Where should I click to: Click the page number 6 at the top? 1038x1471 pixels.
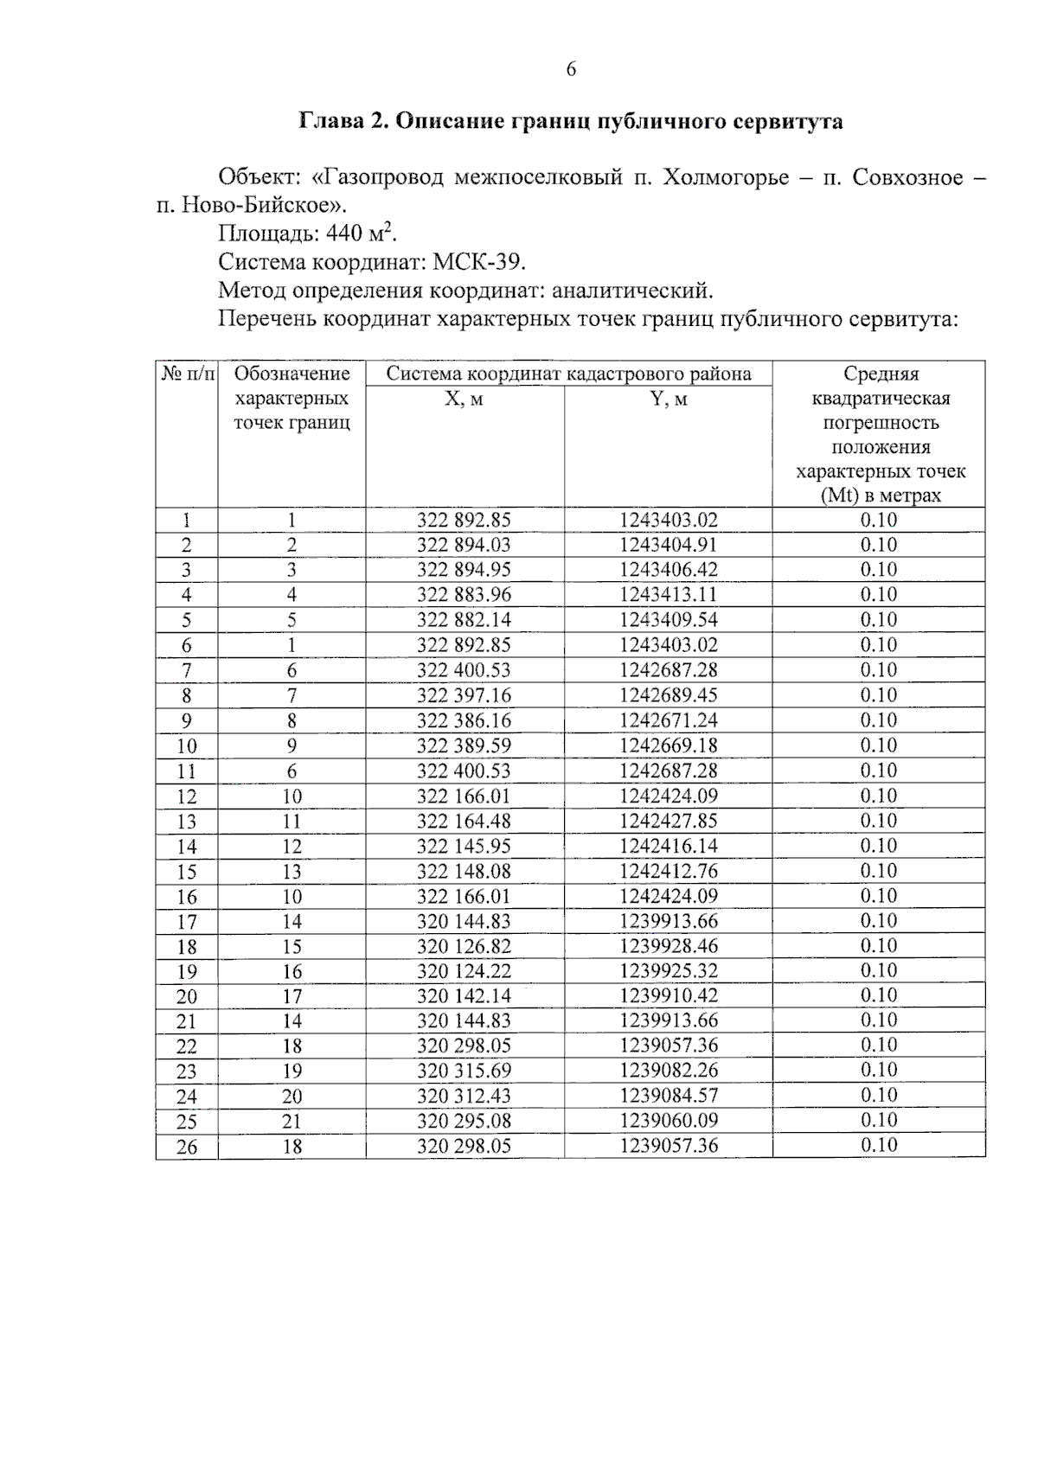pyautogui.click(x=571, y=70)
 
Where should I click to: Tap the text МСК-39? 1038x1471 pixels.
pyautogui.click(x=478, y=262)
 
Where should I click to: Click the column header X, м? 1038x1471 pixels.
pyautogui.click(x=464, y=400)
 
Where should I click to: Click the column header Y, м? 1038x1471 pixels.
pyautogui.click(x=668, y=400)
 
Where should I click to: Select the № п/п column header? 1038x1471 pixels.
pyautogui.click(x=187, y=374)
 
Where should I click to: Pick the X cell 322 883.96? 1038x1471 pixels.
pyautogui.click(x=464, y=595)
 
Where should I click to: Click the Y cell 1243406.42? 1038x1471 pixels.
pyautogui.click(x=668, y=570)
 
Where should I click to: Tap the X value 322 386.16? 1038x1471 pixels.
pyautogui.click(x=464, y=720)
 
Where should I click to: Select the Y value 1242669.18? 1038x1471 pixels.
pyautogui.click(x=668, y=745)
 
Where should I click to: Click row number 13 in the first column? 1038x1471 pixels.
pyautogui.click(x=187, y=822)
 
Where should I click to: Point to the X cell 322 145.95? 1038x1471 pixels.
pyautogui.click(x=464, y=846)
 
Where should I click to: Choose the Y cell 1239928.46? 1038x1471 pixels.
pyautogui.click(x=668, y=946)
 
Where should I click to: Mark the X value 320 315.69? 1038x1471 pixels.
pyautogui.click(x=464, y=1071)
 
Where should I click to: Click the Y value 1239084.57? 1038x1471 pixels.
pyautogui.click(x=668, y=1096)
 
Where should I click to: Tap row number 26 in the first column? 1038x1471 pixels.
pyautogui.click(x=187, y=1147)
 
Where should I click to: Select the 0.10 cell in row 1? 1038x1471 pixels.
pyautogui.click(x=878, y=520)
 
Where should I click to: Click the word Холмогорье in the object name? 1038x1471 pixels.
pyautogui.click(x=726, y=177)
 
